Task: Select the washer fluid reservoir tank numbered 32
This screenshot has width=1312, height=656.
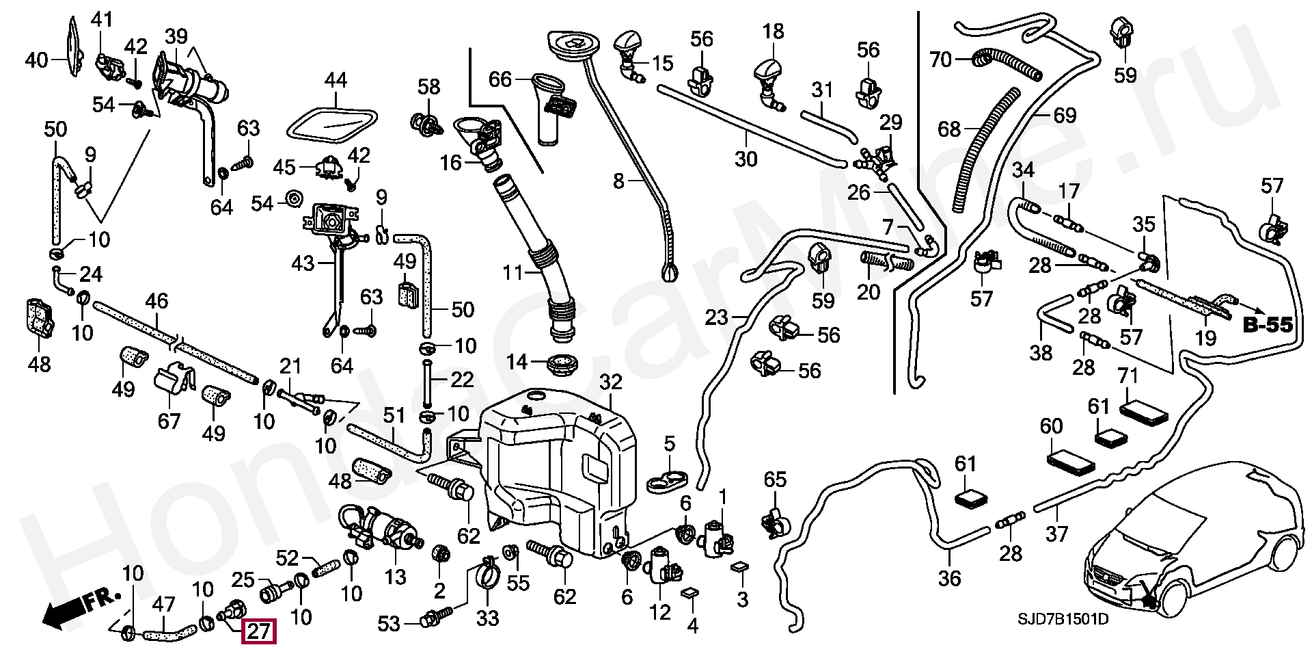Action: coord(553,472)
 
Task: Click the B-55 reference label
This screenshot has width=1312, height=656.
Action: coord(1268,326)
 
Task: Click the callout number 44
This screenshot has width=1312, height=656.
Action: coord(335,81)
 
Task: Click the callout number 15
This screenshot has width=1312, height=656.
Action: coord(662,64)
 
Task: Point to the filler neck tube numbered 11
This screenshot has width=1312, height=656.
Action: coord(540,260)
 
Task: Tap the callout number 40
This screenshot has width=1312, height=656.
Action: coord(37,60)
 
